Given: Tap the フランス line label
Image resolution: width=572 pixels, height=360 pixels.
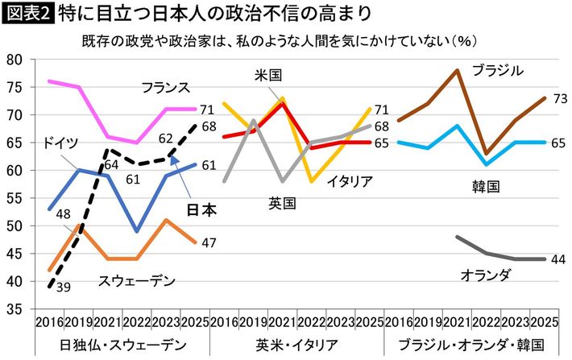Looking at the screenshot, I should click(x=164, y=87).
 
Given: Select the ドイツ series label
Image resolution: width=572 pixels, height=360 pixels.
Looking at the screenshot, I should click(x=60, y=143).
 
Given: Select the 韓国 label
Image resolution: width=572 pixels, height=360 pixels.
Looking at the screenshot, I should click(x=486, y=186).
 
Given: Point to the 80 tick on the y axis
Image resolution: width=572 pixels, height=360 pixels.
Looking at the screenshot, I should click(x=13, y=60).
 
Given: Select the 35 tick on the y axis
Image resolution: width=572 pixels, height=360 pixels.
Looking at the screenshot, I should click(x=13, y=308).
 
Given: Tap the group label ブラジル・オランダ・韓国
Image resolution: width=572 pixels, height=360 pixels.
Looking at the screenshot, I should click(x=470, y=345).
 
